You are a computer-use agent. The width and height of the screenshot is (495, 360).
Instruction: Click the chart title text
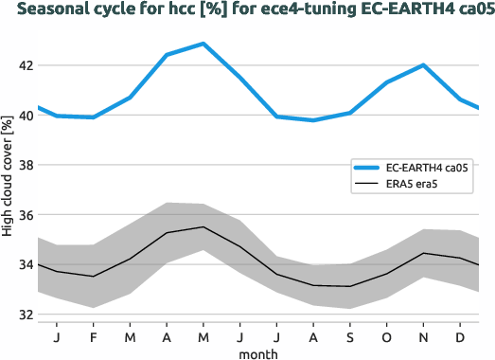[x=247, y=11]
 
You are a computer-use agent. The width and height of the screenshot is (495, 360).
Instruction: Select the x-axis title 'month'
[x=258, y=353]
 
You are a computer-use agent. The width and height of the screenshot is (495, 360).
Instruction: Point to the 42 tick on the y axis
[x=23, y=66]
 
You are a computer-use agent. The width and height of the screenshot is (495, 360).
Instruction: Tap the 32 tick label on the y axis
[x=23, y=315]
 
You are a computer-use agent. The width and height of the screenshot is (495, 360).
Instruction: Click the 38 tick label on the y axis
[x=23, y=166]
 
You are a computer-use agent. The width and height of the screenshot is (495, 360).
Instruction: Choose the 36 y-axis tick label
[x=23, y=215]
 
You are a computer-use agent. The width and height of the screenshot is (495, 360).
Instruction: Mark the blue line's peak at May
[x=203, y=44]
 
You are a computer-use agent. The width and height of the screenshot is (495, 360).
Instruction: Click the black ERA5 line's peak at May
[x=203, y=227]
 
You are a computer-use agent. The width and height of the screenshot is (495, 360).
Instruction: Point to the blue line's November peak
[x=423, y=65]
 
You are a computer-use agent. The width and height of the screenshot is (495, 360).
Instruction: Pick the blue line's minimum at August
[x=313, y=120]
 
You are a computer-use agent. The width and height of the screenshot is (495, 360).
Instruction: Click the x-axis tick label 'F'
[x=93, y=336]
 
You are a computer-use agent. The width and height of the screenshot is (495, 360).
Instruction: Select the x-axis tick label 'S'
[x=349, y=336]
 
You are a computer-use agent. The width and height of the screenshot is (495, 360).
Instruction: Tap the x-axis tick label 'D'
[x=460, y=336]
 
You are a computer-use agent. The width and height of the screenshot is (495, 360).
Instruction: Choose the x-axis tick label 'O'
[x=386, y=336]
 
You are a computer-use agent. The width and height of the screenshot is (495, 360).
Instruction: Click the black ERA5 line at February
[x=93, y=277]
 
